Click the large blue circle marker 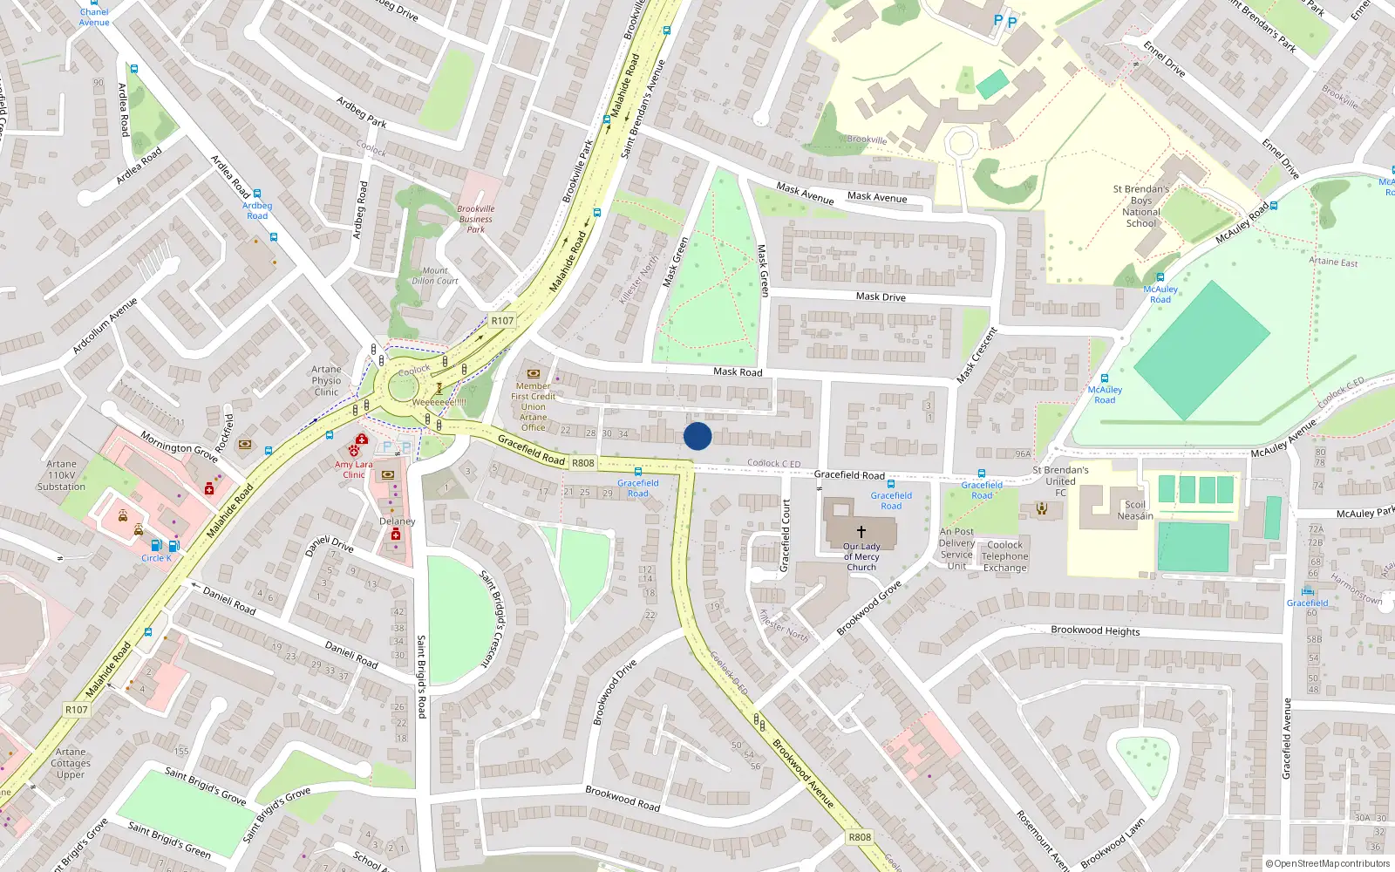(697, 436)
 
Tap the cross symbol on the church (861, 531)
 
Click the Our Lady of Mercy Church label (861, 556)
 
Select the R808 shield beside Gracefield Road (583, 463)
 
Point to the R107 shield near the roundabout (502, 320)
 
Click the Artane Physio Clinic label (326, 381)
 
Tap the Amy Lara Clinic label (353, 470)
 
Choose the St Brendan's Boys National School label (1140, 206)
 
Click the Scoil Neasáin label (1135, 510)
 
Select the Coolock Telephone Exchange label (1004, 556)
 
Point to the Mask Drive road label (881, 296)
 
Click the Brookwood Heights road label (1095, 630)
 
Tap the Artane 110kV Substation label (61, 475)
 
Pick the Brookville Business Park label (475, 219)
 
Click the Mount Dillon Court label (435, 276)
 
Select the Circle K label (156, 558)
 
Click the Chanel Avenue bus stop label (94, 17)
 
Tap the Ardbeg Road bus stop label (257, 210)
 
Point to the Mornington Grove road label (179, 447)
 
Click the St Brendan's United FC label (1060, 481)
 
